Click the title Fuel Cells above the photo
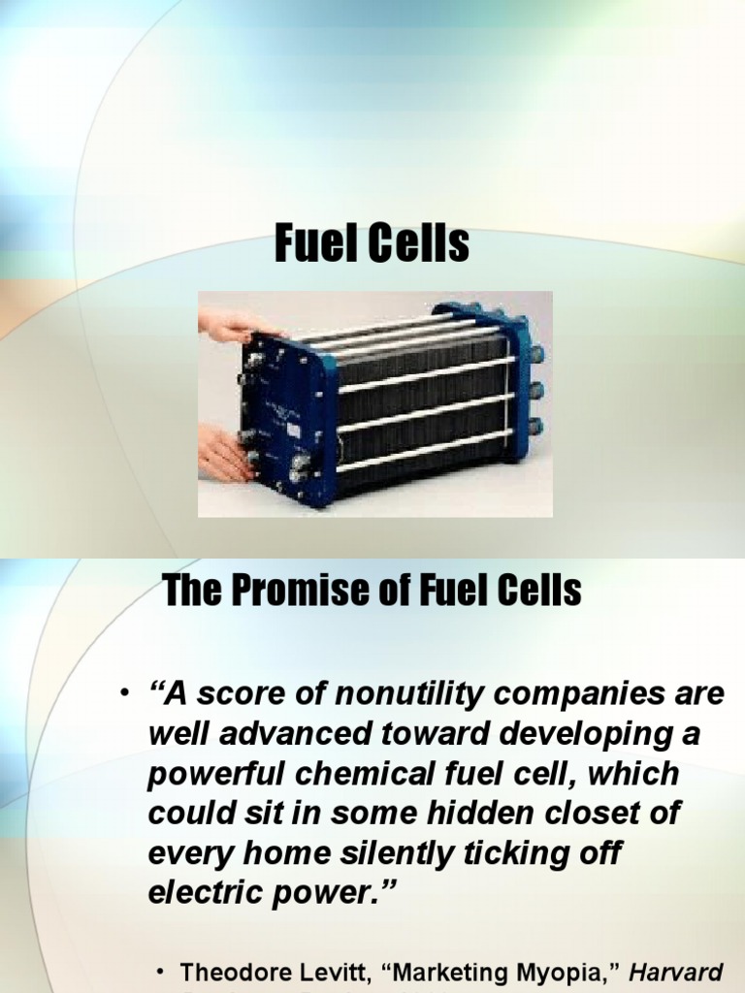372,244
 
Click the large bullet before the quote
124,694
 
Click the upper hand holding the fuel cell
228,325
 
